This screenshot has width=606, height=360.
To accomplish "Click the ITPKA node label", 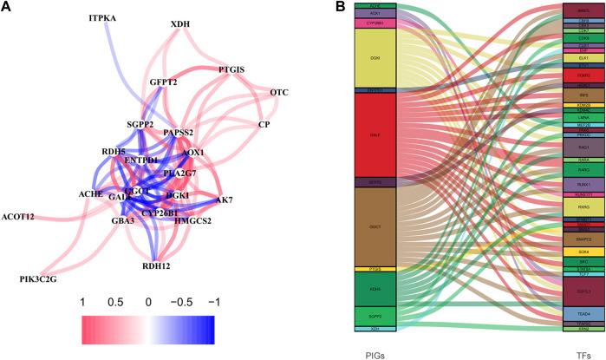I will click(108, 17).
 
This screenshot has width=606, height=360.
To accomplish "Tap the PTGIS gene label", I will click(232, 69).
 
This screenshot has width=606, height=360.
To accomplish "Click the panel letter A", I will click(7, 8).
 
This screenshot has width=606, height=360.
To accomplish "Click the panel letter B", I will click(316, 8).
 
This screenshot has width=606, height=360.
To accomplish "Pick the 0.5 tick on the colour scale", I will click(115, 301).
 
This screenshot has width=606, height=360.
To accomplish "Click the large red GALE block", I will click(375, 135).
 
